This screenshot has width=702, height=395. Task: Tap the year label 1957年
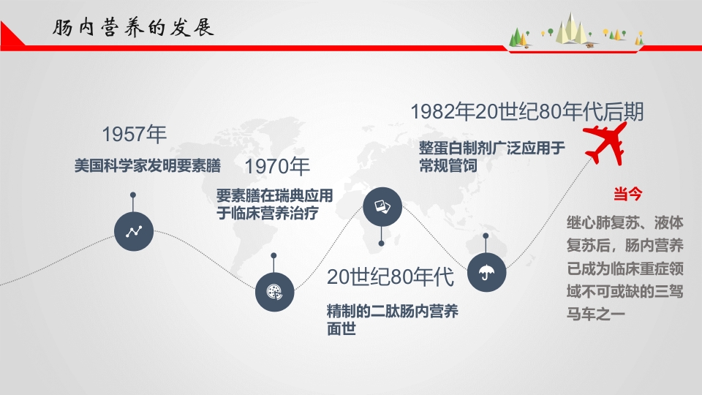click(135, 135)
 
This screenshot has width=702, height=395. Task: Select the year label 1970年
click(278, 167)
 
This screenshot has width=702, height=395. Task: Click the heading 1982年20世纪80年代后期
click(527, 112)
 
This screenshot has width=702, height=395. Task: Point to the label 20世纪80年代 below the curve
click(390, 277)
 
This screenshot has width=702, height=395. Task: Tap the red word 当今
click(627, 195)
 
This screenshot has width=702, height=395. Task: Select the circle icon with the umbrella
click(486, 272)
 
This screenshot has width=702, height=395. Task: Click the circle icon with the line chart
click(134, 232)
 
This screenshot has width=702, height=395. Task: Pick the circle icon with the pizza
click(274, 293)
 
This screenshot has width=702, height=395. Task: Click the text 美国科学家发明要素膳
click(148, 165)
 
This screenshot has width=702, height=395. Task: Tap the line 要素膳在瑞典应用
click(275, 197)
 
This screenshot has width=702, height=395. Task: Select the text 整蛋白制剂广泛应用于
click(492, 148)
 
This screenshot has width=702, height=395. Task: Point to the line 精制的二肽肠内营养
click(393, 312)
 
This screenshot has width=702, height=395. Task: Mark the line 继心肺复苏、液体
click(625, 221)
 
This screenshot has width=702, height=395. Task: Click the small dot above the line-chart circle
click(133, 195)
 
